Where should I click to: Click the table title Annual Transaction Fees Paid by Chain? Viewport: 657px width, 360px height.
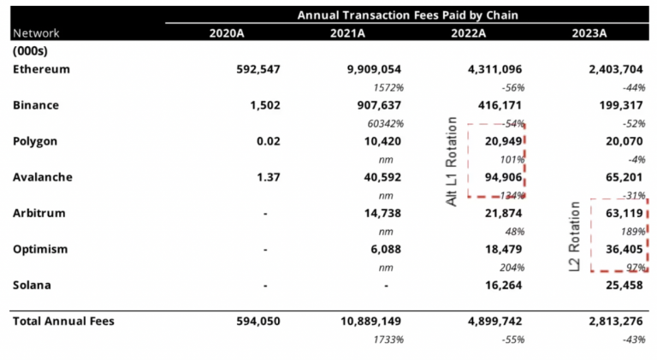pyautogui.click(x=406, y=15)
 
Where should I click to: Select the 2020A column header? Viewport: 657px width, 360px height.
pyautogui.click(x=228, y=32)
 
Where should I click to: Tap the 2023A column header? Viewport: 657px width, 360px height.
pyautogui.click(x=589, y=32)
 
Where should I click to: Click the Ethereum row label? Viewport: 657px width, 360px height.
pyautogui.click(x=41, y=68)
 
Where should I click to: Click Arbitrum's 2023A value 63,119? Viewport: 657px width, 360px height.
pyautogui.click(x=620, y=213)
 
